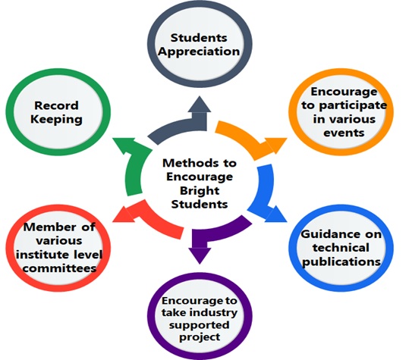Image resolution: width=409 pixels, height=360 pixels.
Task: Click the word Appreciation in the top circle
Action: click(x=199, y=52)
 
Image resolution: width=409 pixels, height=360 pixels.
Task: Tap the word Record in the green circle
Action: click(x=56, y=105)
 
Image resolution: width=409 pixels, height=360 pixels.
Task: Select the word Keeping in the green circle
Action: click(x=56, y=120)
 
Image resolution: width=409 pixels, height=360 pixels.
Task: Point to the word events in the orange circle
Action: click(x=344, y=133)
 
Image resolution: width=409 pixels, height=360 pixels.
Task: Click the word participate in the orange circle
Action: click(x=353, y=105)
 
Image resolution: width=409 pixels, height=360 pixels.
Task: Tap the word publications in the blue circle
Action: click(x=341, y=261)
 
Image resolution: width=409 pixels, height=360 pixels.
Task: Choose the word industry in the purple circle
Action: click(x=214, y=312)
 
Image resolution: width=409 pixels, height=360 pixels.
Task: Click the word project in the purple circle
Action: click(x=200, y=337)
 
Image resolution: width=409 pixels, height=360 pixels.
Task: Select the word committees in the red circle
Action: click(x=59, y=268)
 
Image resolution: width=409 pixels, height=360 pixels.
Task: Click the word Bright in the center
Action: click(x=200, y=191)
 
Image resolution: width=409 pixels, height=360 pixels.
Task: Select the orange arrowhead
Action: click(x=275, y=145)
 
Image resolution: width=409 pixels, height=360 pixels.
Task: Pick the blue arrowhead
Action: click(x=275, y=214)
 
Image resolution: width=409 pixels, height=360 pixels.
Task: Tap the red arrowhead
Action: click(x=124, y=214)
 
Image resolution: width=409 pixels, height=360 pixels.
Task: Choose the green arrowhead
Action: click(x=124, y=146)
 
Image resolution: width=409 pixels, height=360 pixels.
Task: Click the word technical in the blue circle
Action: click(x=341, y=248)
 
